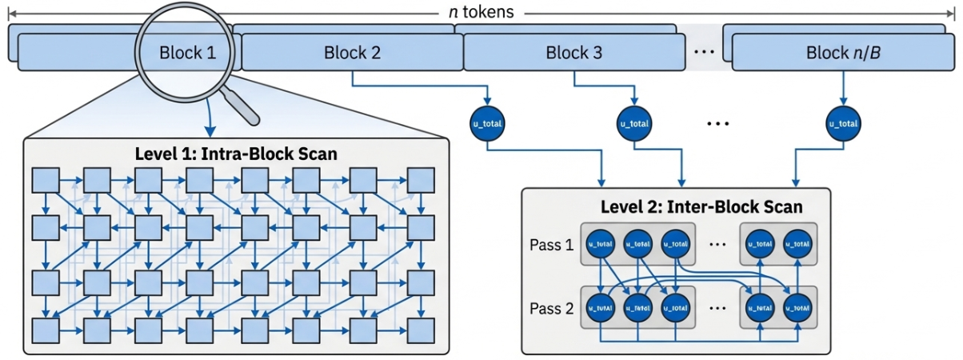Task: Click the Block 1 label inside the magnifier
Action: (187, 54)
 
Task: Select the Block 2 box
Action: (352, 54)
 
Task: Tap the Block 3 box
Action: (573, 54)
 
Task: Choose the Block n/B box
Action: (844, 54)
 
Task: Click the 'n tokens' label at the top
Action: (481, 12)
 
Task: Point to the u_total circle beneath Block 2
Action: (487, 124)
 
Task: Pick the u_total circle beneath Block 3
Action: (634, 124)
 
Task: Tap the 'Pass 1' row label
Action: (551, 245)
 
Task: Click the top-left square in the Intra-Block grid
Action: (45, 181)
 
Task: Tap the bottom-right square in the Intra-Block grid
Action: (421, 329)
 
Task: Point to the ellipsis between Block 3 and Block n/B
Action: (704, 54)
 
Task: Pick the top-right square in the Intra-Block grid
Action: (421, 181)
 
